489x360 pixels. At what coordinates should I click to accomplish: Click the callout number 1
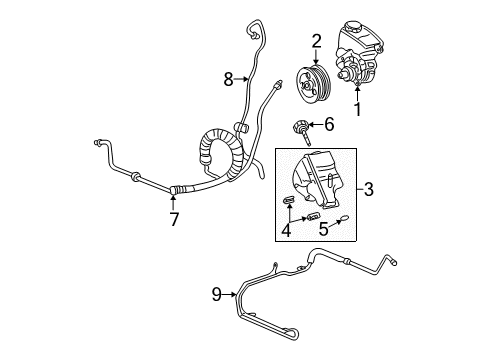356,130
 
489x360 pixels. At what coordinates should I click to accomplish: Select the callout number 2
316,41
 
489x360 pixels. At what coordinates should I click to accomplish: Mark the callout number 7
174,219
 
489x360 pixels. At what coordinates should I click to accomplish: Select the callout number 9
215,294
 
